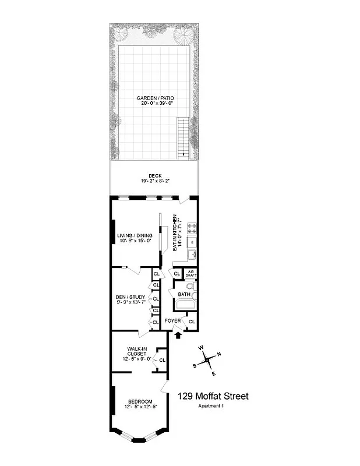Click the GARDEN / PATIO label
pyautogui.click(x=155, y=98)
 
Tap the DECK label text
pyautogui.click(x=155, y=175)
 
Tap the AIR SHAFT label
pyautogui.click(x=191, y=273)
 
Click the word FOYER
pyautogui.click(x=172, y=321)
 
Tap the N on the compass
pyautogui.click(x=218, y=354)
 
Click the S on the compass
pyautogui.click(x=195, y=365)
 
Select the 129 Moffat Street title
pyautogui.click(x=213, y=396)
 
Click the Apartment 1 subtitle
pyautogui.click(x=211, y=406)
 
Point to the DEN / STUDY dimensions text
pyautogui.click(x=131, y=302)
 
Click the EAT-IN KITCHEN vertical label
pyautogui.click(x=174, y=233)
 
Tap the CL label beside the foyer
pyautogui.click(x=192, y=321)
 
